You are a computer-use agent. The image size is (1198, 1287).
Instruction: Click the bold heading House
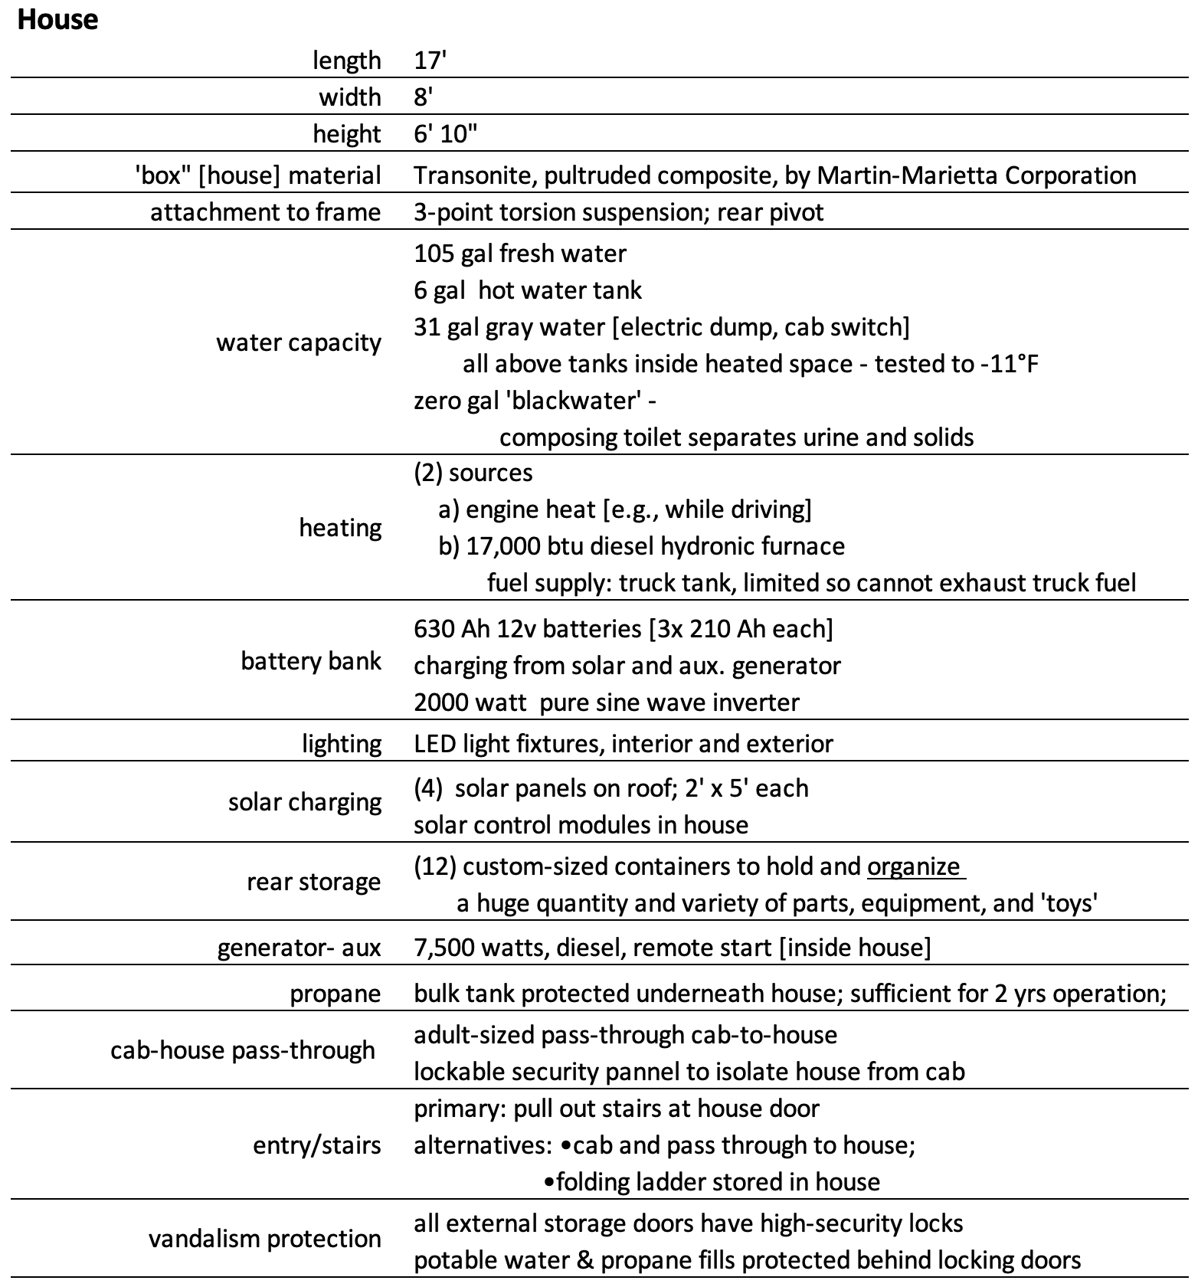pyautogui.click(x=57, y=20)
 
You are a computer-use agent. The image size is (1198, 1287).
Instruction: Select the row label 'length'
pyautogui.click(x=346, y=61)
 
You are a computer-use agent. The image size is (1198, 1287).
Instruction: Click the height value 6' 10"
pyautogui.click(x=445, y=134)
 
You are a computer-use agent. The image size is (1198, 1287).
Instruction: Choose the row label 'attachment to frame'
pyautogui.click(x=265, y=212)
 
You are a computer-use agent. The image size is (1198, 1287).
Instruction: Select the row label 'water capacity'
pyautogui.click(x=298, y=342)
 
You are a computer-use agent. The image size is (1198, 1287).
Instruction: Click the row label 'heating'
pyautogui.click(x=340, y=528)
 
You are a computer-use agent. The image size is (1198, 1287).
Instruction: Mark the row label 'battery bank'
pyautogui.click(x=311, y=661)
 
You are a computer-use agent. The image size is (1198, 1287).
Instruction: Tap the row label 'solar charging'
pyautogui.click(x=305, y=802)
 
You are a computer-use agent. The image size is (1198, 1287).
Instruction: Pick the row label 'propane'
pyautogui.click(x=336, y=994)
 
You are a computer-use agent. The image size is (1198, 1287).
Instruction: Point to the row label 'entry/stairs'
pyautogui.click(x=317, y=1145)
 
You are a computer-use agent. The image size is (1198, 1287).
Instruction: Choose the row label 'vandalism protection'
pyautogui.click(x=265, y=1239)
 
